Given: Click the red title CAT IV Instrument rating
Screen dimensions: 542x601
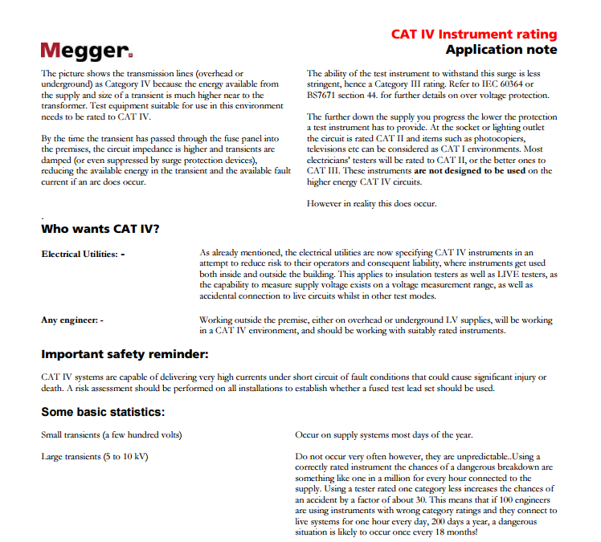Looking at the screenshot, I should tap(473, 35).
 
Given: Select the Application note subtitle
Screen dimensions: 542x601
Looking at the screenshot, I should tap(501, 50).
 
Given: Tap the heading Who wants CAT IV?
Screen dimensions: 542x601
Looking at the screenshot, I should tap(100, 229).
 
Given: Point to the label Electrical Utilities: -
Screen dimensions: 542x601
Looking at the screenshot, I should tap(83, 254).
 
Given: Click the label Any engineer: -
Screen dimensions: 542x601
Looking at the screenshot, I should tap(72, 320).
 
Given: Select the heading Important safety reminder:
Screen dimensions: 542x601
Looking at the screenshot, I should tap(125, 354).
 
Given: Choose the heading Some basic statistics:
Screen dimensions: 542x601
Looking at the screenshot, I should tap(103, 412).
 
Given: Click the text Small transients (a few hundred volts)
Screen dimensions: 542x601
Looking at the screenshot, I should tap(111, 435).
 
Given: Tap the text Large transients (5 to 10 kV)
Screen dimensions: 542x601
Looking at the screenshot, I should tap(94, 457).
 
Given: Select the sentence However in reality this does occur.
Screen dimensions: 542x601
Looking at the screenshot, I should tap(371, 203).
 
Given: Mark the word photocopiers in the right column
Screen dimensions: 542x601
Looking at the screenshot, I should tap(514, 138).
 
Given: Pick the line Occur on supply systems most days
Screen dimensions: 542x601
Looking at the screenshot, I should tap(383, 435).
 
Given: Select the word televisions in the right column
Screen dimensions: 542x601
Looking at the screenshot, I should tap(330, 149).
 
